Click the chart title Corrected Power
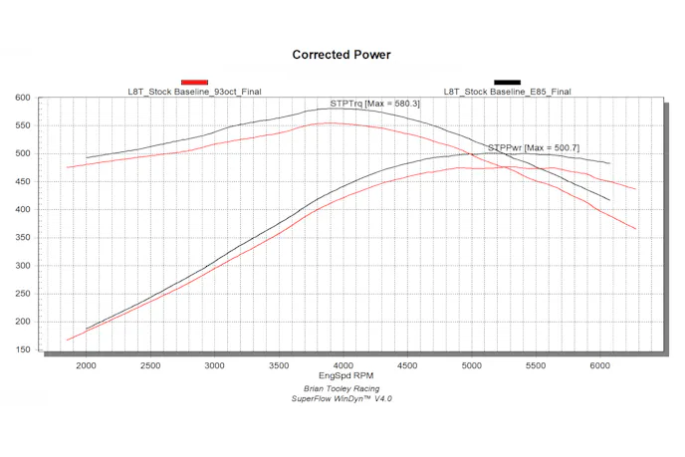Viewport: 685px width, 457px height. click(x=342, y=55)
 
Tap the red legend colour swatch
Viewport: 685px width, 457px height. click(x=194, y=82)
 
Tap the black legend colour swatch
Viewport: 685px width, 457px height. click(x=507, y=82)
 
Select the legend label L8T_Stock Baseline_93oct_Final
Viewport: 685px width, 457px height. click(x=194, y=92)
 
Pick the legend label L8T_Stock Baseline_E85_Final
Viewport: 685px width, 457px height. click(x=507, y=92)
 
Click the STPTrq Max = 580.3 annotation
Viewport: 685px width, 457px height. click(x=375, y=103)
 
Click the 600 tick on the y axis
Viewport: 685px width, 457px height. click(x=24, y=98)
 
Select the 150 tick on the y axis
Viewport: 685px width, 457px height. click(x=24, y=349)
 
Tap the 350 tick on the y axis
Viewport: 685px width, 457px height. click(x=24, y=238)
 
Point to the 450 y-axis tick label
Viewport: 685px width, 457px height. click(x=24, y=182)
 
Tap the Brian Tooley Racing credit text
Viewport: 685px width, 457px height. click(x=342, y=388)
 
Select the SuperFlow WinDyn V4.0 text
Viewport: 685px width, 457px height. click(x=342, y=398)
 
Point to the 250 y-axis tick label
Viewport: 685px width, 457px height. click(x=24, y=294)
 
